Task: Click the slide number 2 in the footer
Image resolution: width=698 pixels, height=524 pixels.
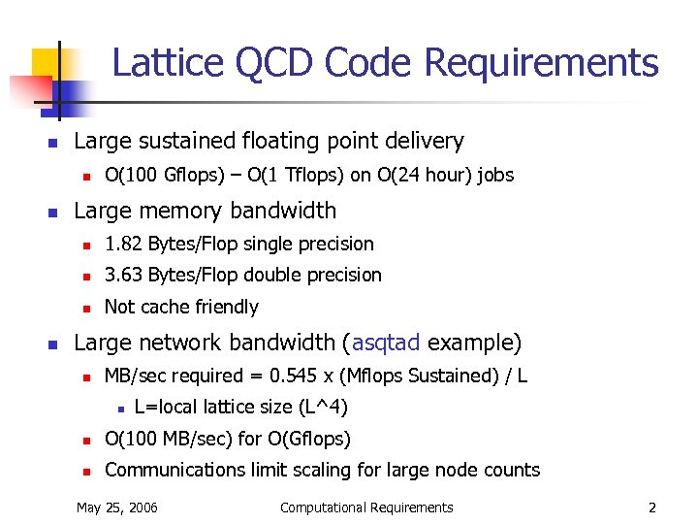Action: (652, 507)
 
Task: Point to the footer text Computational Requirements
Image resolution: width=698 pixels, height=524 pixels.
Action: (365, 507)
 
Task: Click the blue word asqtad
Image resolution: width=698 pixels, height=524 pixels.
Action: (386, 343)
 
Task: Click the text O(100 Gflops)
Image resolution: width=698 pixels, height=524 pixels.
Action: (156, 175)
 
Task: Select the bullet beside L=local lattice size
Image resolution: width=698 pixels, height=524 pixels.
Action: (117, 408)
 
